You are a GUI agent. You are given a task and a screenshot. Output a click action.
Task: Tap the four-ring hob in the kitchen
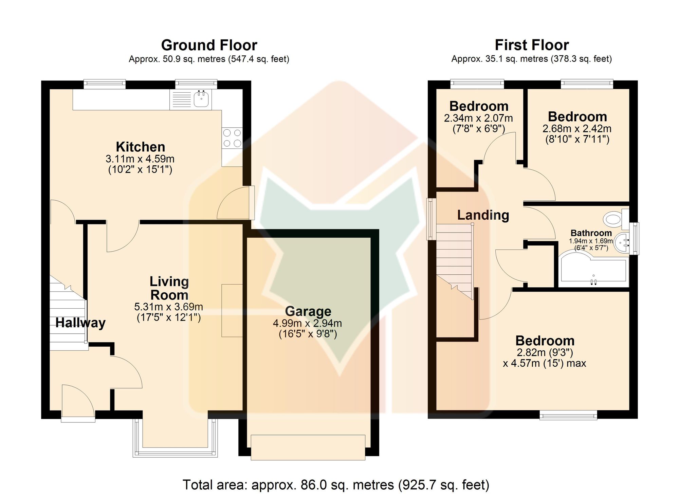[232, 138]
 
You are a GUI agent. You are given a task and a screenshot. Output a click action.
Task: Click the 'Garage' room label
[308, 311]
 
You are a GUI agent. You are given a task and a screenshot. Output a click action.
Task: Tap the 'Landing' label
[483, 215]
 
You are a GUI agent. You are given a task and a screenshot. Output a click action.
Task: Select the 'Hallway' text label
[80, 323]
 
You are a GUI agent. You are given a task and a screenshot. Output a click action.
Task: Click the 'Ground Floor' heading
[209, 45]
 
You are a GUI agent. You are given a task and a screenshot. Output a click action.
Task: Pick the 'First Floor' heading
[532, 45]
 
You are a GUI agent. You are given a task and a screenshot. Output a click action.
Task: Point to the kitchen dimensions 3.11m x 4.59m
[140, 159]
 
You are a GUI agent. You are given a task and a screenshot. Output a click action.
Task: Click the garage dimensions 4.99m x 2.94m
[308, 323]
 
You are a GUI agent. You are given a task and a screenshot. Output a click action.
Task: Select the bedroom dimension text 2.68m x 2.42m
[577, 129]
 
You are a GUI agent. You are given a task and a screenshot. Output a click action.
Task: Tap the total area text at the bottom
[336, 485]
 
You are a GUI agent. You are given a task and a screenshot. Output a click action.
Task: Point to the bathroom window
[635, 239]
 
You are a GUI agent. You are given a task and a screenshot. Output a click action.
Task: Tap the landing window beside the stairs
[431, 219]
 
